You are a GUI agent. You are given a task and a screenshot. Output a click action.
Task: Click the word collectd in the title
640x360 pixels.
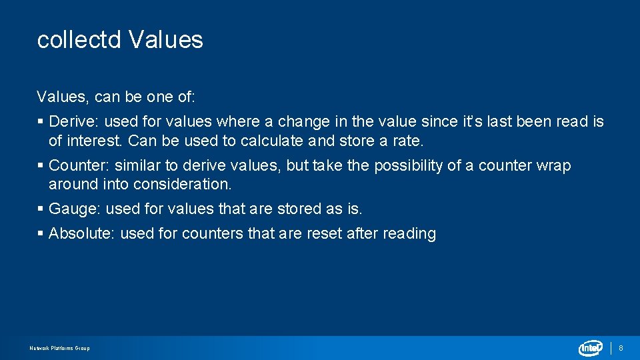pos(79,40)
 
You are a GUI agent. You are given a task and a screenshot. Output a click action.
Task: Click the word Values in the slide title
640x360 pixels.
pos(166,40)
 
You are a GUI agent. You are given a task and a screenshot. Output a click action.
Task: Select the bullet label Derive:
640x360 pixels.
pos(75,121)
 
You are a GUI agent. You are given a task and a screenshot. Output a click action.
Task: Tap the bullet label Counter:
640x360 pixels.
pos(79,165)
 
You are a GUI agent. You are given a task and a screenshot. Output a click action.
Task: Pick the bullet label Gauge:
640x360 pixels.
pos(75,209)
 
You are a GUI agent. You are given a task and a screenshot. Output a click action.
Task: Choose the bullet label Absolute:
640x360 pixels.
pos(82,233)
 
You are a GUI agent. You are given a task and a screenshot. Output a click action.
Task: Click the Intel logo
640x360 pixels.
pos(591,348)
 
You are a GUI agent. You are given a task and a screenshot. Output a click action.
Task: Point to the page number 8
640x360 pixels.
pos(621,348)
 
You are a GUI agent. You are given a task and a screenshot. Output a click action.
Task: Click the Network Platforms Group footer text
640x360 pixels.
pos(60,348)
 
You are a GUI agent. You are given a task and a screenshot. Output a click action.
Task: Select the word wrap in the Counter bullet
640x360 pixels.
pos(553,165)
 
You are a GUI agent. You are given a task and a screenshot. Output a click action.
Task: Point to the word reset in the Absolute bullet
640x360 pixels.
pos(325,233)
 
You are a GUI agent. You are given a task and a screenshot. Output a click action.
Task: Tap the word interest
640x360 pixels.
pos(95,141)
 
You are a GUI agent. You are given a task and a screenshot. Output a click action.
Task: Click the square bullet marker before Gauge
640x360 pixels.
pos(41,209)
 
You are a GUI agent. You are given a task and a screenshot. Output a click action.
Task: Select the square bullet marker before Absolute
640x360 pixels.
pos(41,233)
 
